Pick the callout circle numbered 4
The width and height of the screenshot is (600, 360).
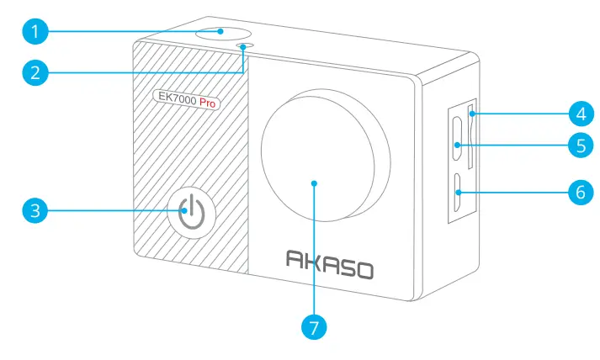(576, 111)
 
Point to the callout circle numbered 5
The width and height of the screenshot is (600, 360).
(576, 145)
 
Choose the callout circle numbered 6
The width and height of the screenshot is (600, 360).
(576, 193)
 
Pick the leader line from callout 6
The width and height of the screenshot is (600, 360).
(513, 193)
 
